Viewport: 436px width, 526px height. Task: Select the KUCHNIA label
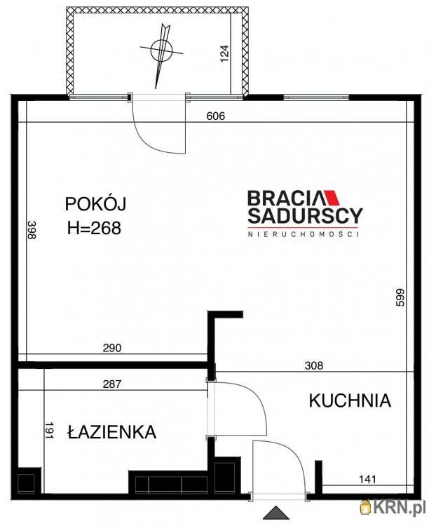coord(350,400)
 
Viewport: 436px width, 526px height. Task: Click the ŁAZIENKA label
coord(111,432)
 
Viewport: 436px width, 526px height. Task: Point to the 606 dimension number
coord(215,116)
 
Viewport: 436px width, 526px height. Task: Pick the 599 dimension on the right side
coord(401,298)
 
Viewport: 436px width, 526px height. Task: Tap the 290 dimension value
coord(112,348)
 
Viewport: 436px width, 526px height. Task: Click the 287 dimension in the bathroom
coord(112,384)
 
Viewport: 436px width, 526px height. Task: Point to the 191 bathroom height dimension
coord(50,430)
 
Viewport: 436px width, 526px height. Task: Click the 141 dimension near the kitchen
coord(367,479)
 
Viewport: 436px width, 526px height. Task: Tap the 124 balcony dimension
coord(224,54)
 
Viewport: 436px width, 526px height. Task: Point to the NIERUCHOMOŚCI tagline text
coord(304,234)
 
